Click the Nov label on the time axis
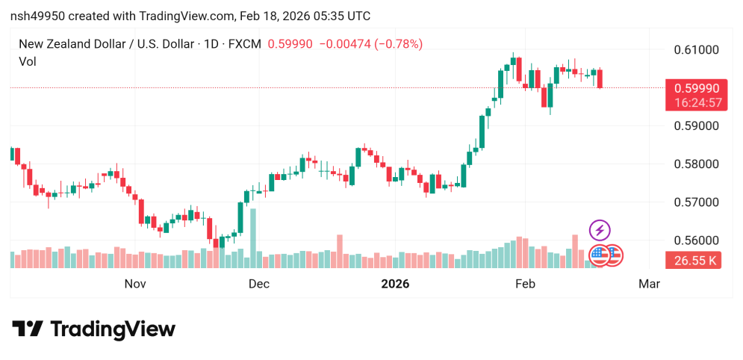pos(134,284)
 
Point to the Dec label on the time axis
pos(258,284)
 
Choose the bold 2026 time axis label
pos(396,284)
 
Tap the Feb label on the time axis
pos(526,284)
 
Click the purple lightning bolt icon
pos(600,230)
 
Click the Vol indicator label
pos(27,62)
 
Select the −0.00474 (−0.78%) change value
pos(370,44)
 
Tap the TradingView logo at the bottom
pos(94,329)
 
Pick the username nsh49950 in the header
pos(36,16)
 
